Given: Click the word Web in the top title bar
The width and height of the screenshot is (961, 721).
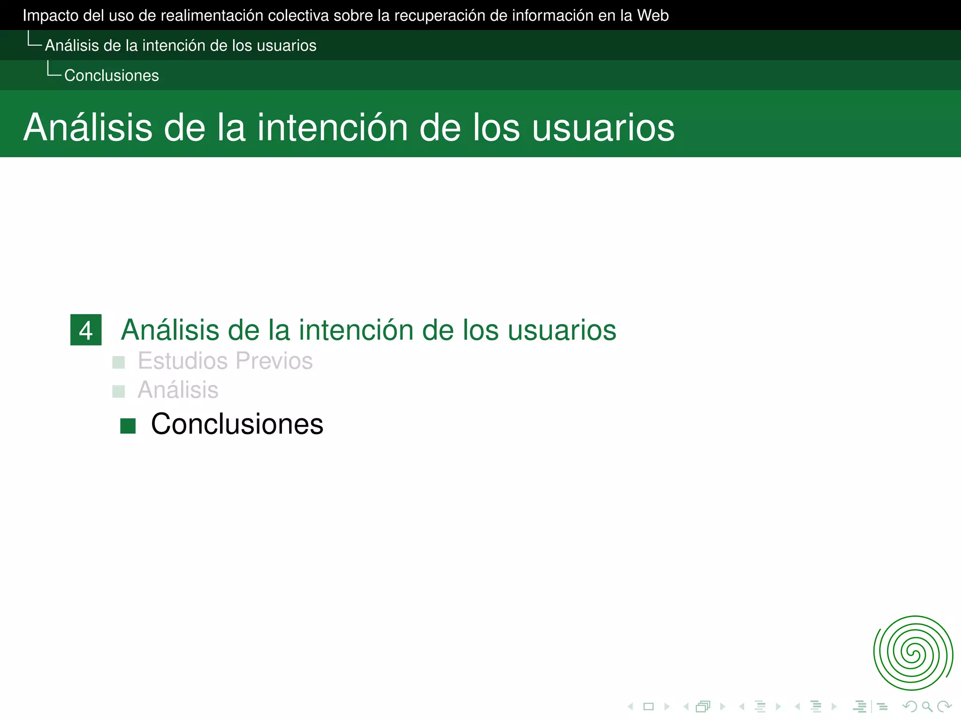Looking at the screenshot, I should pyautogui.click(x=653, y=15).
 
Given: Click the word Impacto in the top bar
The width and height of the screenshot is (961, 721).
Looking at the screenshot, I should pyautogui.click(x=50, y=15).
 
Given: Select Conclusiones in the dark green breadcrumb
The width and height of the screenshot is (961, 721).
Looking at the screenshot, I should pyautogui.click(x=111, y=76).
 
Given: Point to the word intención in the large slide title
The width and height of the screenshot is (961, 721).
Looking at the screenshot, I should pyautogui.click(x=332, y=128).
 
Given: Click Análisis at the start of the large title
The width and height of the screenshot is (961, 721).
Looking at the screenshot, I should pyautogui.click(x=88, y=128).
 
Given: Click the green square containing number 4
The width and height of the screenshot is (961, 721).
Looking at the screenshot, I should pyautogui.click(x=86, y=330).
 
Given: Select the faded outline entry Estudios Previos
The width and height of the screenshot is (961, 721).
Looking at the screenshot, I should pyautogui.click(x=225, y=361).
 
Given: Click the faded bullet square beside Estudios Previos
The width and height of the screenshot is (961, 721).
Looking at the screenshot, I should pyautogui.click(x=119, y=362).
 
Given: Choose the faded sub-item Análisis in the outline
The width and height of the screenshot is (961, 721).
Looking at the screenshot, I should pyautogui.click(x=178, y=390).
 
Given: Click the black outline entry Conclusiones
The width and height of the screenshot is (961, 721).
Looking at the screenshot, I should pyautogui.click(x=237, y=424).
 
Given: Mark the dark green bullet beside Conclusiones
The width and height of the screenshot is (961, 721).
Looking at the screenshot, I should pyautogui.click(x=128, y=426).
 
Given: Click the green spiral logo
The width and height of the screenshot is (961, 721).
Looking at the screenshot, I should pyautogui.click(x=913, y=653).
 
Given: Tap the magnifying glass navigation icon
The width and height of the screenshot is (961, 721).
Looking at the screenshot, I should pyautogui.click(x=926, y=706).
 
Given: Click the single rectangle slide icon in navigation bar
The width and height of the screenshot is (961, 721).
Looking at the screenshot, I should pyautogui.click(x=648, y=706).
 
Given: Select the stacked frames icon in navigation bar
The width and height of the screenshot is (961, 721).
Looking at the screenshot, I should pyautogui.click(x=703, y=706).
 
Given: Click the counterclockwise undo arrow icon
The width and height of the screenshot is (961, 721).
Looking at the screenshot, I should pyautogui.click(x=910, y=706).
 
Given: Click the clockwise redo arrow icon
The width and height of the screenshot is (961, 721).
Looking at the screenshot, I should pyautogui.click(x=944, y=706).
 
